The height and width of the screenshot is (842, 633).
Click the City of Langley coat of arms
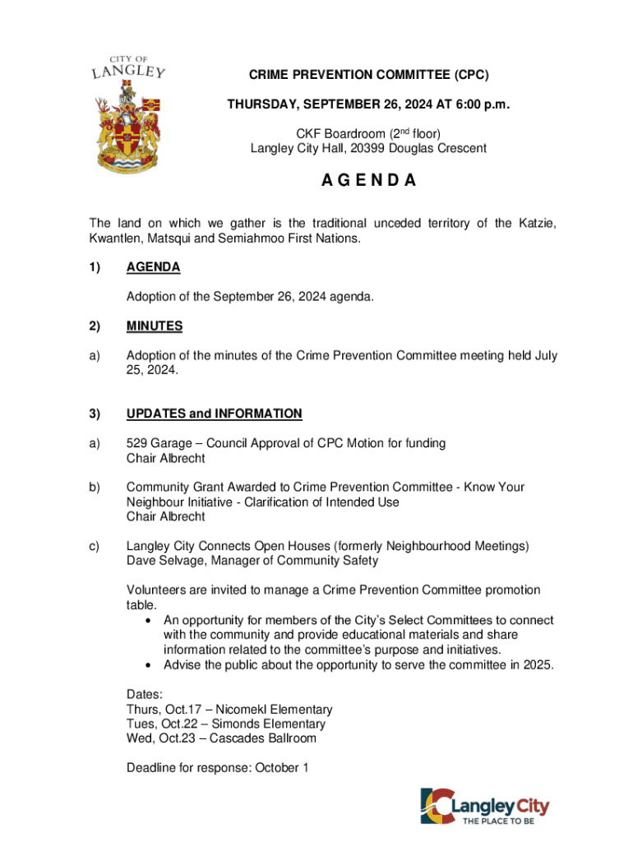pyautogui.click(x=127, y=114)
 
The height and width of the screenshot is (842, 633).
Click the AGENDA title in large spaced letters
pyautogui.click(x=368, y=181)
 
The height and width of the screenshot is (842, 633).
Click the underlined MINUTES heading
pyautogui.click(x=155, y=326)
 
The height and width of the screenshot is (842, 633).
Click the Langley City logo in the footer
pyautogui.click(x=484, y=806)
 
